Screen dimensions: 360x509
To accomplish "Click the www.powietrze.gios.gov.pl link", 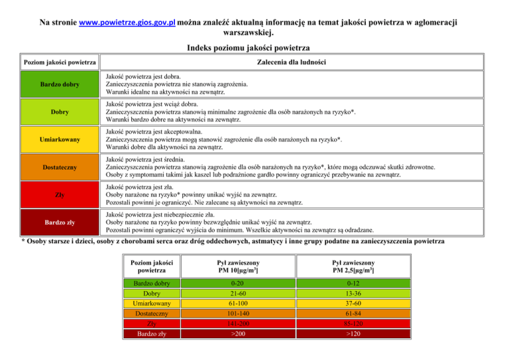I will (127, 22).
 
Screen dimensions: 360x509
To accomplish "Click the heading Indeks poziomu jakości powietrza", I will (254, 48).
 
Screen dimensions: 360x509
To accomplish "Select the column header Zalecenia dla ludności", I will (291, 63).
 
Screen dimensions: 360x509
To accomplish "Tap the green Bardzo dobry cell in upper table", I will (60, 85).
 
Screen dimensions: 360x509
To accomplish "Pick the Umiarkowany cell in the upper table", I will (60, 140).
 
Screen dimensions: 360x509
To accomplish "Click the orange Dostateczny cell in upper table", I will (60, 168).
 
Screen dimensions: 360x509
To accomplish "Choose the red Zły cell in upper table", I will (60, 196).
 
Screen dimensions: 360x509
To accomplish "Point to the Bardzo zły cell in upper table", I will (60, 223).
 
